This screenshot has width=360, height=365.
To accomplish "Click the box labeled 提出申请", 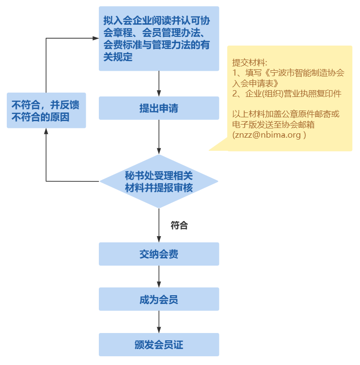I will click(159, 108).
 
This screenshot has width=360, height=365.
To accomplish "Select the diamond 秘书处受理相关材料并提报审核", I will click(159, 182).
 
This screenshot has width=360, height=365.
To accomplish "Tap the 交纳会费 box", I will click(159, 254).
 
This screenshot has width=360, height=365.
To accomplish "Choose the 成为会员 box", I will click(159, 299).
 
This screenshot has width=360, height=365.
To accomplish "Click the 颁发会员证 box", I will click(159, 345).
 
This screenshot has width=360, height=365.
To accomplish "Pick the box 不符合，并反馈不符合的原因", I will click(46, 111).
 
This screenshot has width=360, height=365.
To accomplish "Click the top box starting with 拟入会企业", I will click(159, 39).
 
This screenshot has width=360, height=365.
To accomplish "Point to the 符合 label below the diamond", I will click(179, 225).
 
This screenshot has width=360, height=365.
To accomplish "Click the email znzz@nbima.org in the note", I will click(269, 135).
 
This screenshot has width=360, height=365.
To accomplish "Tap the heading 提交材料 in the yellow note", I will click(250, 63).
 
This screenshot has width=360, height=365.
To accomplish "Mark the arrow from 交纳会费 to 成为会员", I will click(159, 276).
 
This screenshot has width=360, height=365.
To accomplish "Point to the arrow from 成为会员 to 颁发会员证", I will click(159, 322).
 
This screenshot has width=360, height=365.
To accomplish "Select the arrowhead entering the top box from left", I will click(95, 38).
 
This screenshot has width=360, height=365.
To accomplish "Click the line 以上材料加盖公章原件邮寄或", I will click(286, 114).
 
